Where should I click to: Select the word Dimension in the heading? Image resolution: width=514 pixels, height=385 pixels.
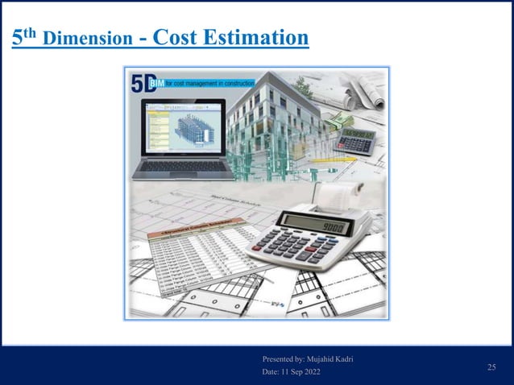pyautogui.click(x=89, y=39)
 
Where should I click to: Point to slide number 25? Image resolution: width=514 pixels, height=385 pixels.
pyautogui.click(x=491, y=367)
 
